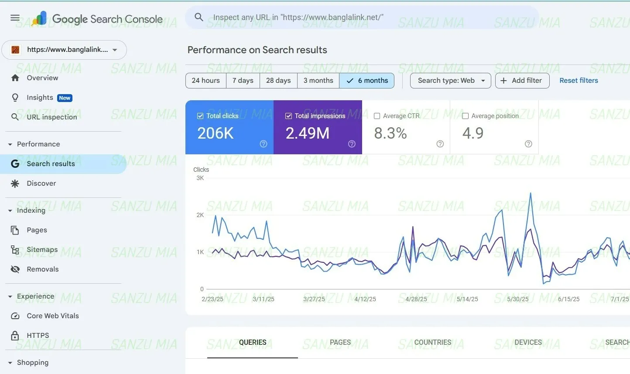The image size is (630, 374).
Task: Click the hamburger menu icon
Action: [15, 18]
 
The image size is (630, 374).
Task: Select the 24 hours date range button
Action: [205, 81]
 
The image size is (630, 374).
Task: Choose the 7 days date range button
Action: [243, 81]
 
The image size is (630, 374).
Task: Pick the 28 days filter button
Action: [278, 81]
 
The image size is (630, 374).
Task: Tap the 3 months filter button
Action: [318, 81]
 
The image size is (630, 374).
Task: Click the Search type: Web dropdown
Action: [450, 81]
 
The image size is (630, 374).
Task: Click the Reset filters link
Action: [579, 81]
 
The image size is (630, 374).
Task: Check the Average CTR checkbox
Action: [377, 116]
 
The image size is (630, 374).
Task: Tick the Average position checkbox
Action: [466, 116]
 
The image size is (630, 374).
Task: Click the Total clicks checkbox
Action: [200, 116]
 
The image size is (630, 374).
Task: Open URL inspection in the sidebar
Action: [51, 117]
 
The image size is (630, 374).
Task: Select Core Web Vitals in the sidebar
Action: [52, 316]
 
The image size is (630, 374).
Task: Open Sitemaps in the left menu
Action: [42, 249]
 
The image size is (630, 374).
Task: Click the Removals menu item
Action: [42, 269]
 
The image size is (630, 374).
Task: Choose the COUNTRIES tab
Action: [432, 343]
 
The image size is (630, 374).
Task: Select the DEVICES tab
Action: [528, 343]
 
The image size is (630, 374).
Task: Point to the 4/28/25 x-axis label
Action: [416, 299]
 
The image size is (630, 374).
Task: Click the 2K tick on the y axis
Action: [200, 215]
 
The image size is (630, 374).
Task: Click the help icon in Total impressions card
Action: [352, 144]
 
